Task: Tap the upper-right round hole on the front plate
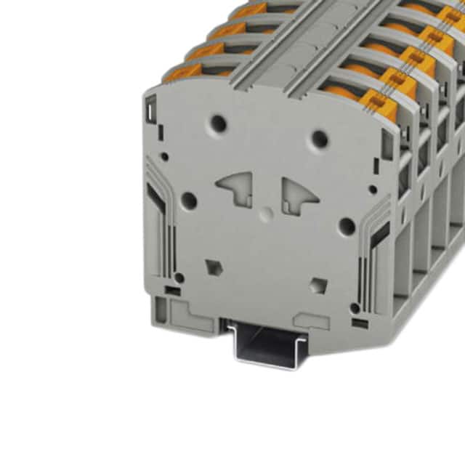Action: (318, 138)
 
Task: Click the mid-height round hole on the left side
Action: (188, 200)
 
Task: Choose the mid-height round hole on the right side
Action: (347, 226)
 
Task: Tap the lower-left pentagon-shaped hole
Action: (213, 266)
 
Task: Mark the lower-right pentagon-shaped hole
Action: (318, 284)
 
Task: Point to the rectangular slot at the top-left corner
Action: (150, 110)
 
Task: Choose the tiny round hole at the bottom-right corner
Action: (355, 307)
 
